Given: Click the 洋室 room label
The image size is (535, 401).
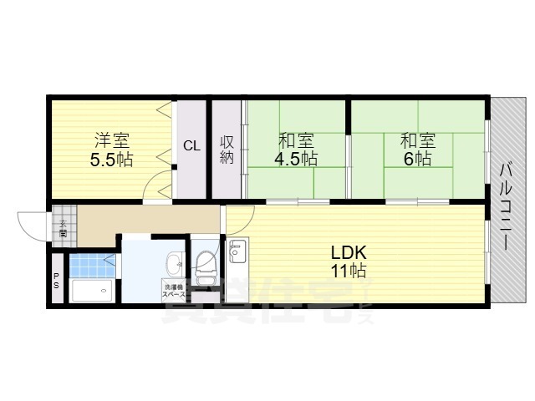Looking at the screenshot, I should (x=111, y=140).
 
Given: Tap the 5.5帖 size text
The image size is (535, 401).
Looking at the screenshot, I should (x=111, y=158).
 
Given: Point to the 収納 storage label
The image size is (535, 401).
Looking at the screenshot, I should (x=227, y=149).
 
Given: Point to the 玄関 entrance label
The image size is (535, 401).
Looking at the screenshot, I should (x=63, y=227).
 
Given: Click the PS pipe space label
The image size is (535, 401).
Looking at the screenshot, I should (x=57, y=282).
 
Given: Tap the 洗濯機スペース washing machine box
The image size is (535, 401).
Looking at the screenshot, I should (x=174, y=292).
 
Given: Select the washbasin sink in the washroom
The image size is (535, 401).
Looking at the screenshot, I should (x=175, y=266).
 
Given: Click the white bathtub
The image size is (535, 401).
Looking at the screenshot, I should (x=93, y=291).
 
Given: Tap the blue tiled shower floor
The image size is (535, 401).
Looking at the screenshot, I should (x=89, y=265).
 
